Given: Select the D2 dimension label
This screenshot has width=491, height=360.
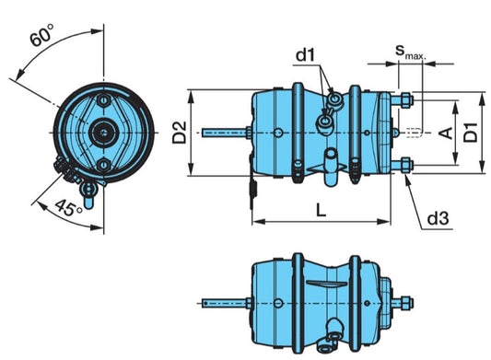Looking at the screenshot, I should point(180,133).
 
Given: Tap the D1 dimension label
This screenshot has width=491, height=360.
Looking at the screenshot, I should point(470,133).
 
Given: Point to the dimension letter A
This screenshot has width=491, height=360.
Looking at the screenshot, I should point(446,133).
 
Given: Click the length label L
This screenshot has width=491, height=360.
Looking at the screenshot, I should point(319,210).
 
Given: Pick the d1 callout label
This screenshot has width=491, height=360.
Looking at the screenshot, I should point(306,57).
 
